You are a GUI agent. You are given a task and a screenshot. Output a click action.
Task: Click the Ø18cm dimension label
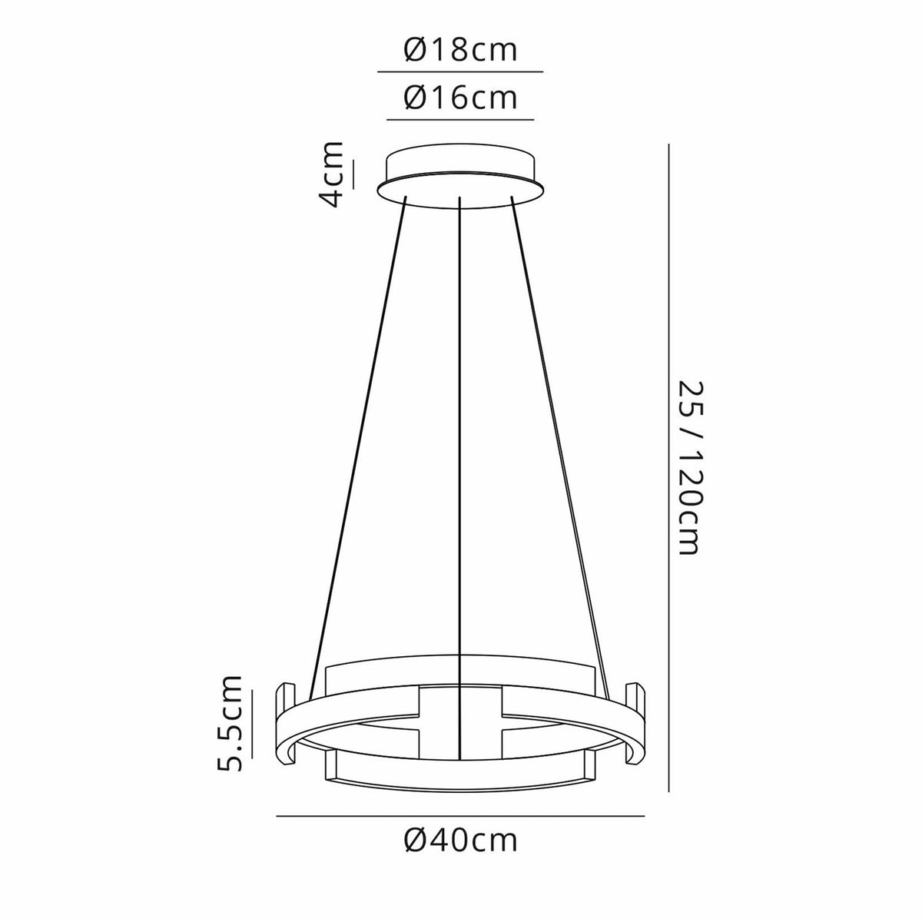460,51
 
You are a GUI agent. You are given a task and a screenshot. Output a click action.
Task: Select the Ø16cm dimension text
460,99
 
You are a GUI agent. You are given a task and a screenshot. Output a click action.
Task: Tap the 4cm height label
332,174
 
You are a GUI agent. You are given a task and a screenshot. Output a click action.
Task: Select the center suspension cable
459,430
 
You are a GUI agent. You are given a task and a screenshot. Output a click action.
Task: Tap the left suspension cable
357,438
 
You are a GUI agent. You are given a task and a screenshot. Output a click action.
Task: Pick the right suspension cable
562,438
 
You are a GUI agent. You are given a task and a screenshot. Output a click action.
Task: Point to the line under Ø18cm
460,71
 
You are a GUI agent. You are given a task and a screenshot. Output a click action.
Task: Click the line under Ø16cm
460,120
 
